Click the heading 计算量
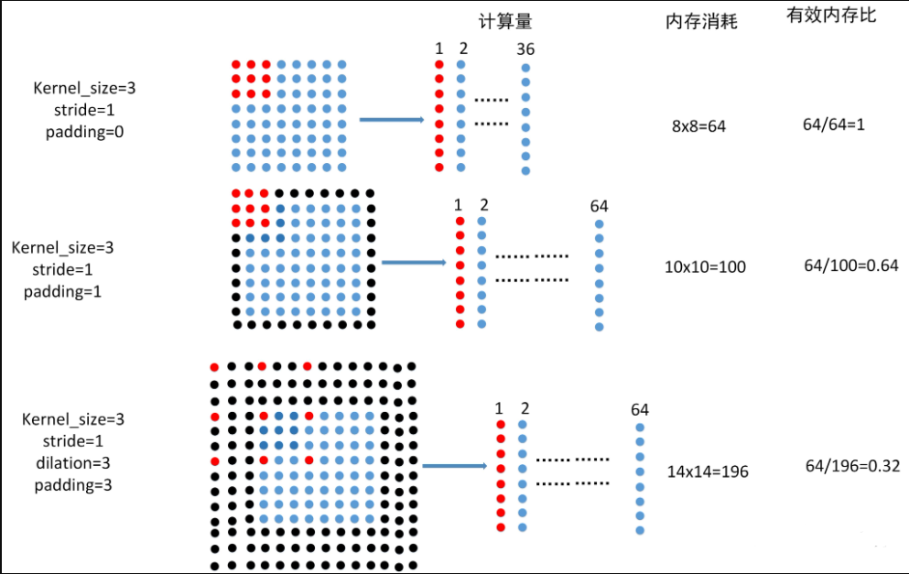(504, 21)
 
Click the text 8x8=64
(698, 126)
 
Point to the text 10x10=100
(705, 266)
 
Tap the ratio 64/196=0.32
(852, 466)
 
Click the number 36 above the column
(525, 49)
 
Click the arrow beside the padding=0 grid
(391, 119)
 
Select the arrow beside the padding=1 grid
(413, 262)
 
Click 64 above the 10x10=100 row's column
(599, 206)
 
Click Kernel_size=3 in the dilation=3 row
(72, 419)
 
